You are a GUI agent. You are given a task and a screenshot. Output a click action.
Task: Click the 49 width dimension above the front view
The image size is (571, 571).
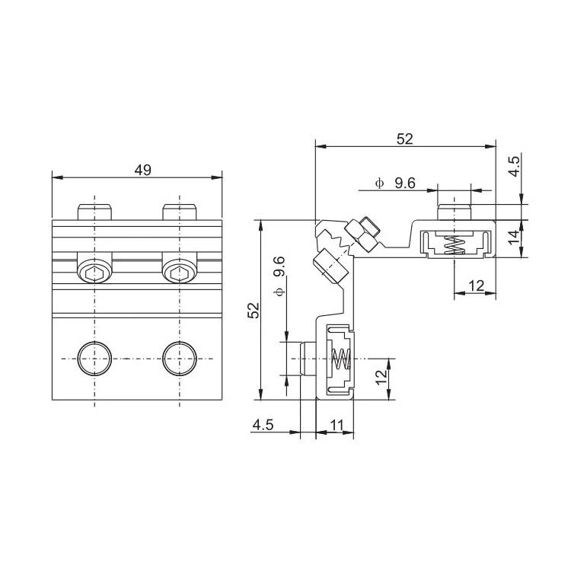pos(142,170)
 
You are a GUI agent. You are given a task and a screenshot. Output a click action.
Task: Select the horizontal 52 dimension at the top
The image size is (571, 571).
pos(404,139)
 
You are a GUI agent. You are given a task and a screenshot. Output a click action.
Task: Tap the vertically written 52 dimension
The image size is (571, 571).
pos(254,311)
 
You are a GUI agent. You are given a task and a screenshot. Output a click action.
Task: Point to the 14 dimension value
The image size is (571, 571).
pos(514,238)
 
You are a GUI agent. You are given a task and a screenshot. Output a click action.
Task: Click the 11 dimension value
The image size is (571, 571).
pos(335,426)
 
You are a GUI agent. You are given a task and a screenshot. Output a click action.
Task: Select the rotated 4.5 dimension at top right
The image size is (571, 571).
pos(514,166)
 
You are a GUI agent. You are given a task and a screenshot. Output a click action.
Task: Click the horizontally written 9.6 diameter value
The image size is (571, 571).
pos(404,183)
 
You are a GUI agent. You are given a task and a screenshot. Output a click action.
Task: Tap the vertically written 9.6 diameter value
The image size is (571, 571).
pos(279,267)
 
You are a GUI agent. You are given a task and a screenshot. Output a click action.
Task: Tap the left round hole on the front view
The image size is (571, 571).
pos(94,358)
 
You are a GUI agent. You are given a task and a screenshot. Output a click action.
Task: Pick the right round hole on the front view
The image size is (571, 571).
pos(179,358)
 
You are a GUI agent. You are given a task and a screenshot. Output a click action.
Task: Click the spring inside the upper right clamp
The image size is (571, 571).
pos(455,244)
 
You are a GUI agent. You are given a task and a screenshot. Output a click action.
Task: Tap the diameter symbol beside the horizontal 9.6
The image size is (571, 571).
pos(379,183)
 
